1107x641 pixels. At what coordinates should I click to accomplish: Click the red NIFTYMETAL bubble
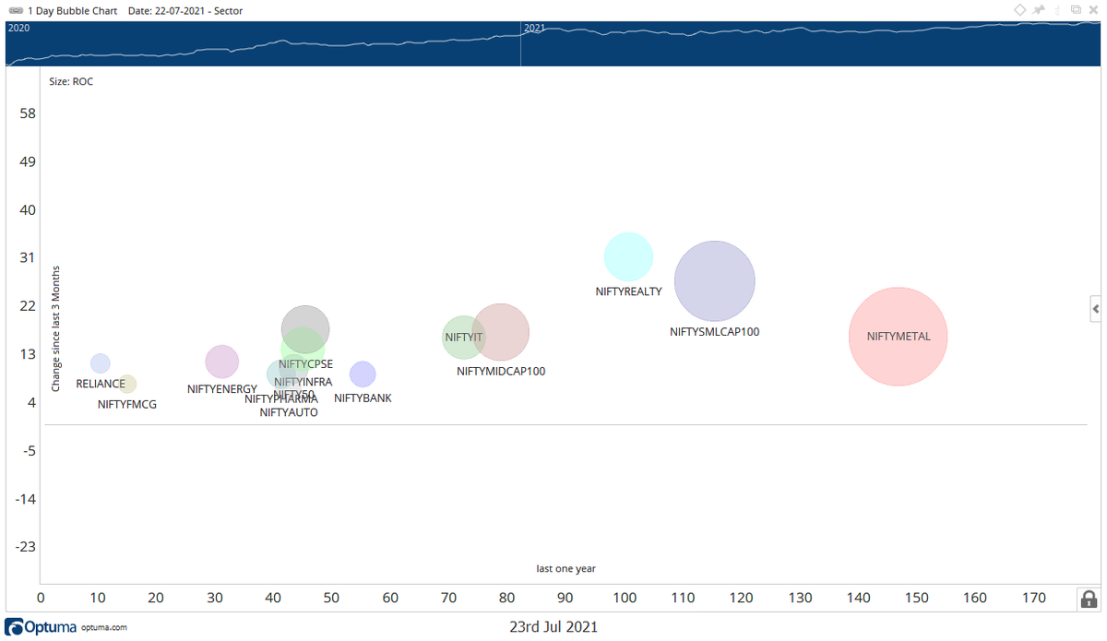tap(898, 337)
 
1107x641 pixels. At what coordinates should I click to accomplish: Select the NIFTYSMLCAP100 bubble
tap(714, 281)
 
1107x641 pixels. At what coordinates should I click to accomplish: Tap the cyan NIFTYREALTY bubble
tap(628, 257)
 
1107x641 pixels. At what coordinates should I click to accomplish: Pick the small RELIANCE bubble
tap(101, 363)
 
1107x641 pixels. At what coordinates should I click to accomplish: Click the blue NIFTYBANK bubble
tap(363, 374)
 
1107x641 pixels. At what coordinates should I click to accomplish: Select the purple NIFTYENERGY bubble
tap(221, 362)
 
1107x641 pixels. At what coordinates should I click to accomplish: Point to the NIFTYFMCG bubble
tap(127, 384)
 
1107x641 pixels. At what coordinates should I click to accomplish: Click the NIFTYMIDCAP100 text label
tap(501, 372)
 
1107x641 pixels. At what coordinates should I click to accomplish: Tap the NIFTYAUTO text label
tap(289, 412)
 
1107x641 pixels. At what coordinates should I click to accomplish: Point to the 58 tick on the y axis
tap(28, 113)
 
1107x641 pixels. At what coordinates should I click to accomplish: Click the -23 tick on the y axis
tap(26, 546)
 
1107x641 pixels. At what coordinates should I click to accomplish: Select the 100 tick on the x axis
tap(625, 598)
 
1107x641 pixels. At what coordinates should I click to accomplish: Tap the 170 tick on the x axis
tap(1034, 598)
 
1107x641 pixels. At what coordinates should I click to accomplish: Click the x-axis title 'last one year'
tap(565, 568)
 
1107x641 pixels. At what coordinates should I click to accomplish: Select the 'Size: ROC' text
tap(71, 81)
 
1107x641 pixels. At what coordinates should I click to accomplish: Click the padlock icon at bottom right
tap(1089, 599)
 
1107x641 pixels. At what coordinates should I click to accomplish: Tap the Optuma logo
tap(43, 627)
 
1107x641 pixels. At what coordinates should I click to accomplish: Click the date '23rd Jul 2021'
tap(553, 627)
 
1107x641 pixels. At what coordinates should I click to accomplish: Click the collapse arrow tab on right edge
tap(1095, 308)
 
